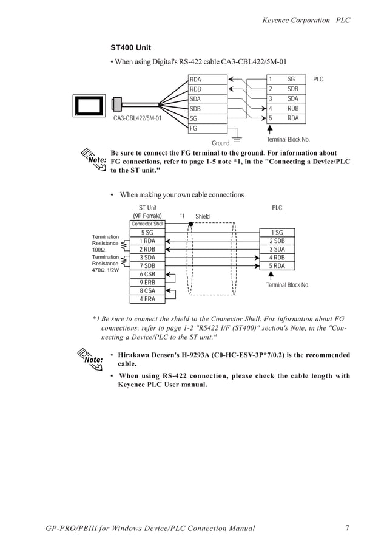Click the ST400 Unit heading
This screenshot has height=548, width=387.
130,47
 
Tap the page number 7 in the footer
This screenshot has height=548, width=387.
348,528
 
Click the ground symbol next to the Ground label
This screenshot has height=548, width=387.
237,140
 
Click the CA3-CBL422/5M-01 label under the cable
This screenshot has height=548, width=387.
137,118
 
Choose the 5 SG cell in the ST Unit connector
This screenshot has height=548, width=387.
147,233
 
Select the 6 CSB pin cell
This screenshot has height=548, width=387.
147,274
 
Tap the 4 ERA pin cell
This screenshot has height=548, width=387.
147,298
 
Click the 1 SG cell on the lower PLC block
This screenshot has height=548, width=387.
276,233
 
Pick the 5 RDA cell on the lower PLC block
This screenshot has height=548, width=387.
276,265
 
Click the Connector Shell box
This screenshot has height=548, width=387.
147,224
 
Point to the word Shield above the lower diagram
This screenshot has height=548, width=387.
203,216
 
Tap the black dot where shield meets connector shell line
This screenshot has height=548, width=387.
190,224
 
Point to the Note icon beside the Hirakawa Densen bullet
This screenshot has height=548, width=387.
92,358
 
